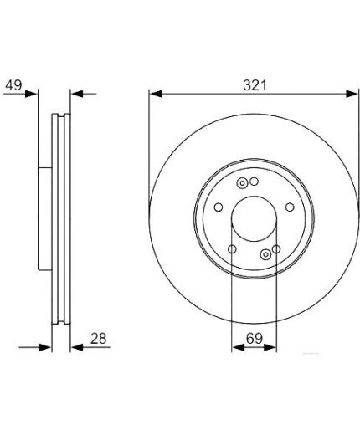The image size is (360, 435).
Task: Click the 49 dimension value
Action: (x=13, y=84)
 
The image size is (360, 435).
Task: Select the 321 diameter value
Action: (x=255, y=85)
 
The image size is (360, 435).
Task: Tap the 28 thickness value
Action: (x=99, y=339)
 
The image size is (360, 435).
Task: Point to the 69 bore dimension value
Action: (x=255, y=339)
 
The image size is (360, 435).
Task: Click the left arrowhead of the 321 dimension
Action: (x=156, y=94)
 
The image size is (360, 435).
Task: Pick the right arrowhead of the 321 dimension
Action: (x=352, y=94)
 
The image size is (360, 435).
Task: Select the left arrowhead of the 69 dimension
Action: (x=238, y=347)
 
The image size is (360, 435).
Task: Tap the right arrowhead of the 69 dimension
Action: (x=270, y=347)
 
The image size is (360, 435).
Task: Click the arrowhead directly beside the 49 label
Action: (x=31, y=94)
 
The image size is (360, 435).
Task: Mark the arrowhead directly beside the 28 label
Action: (x=77, y=347)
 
